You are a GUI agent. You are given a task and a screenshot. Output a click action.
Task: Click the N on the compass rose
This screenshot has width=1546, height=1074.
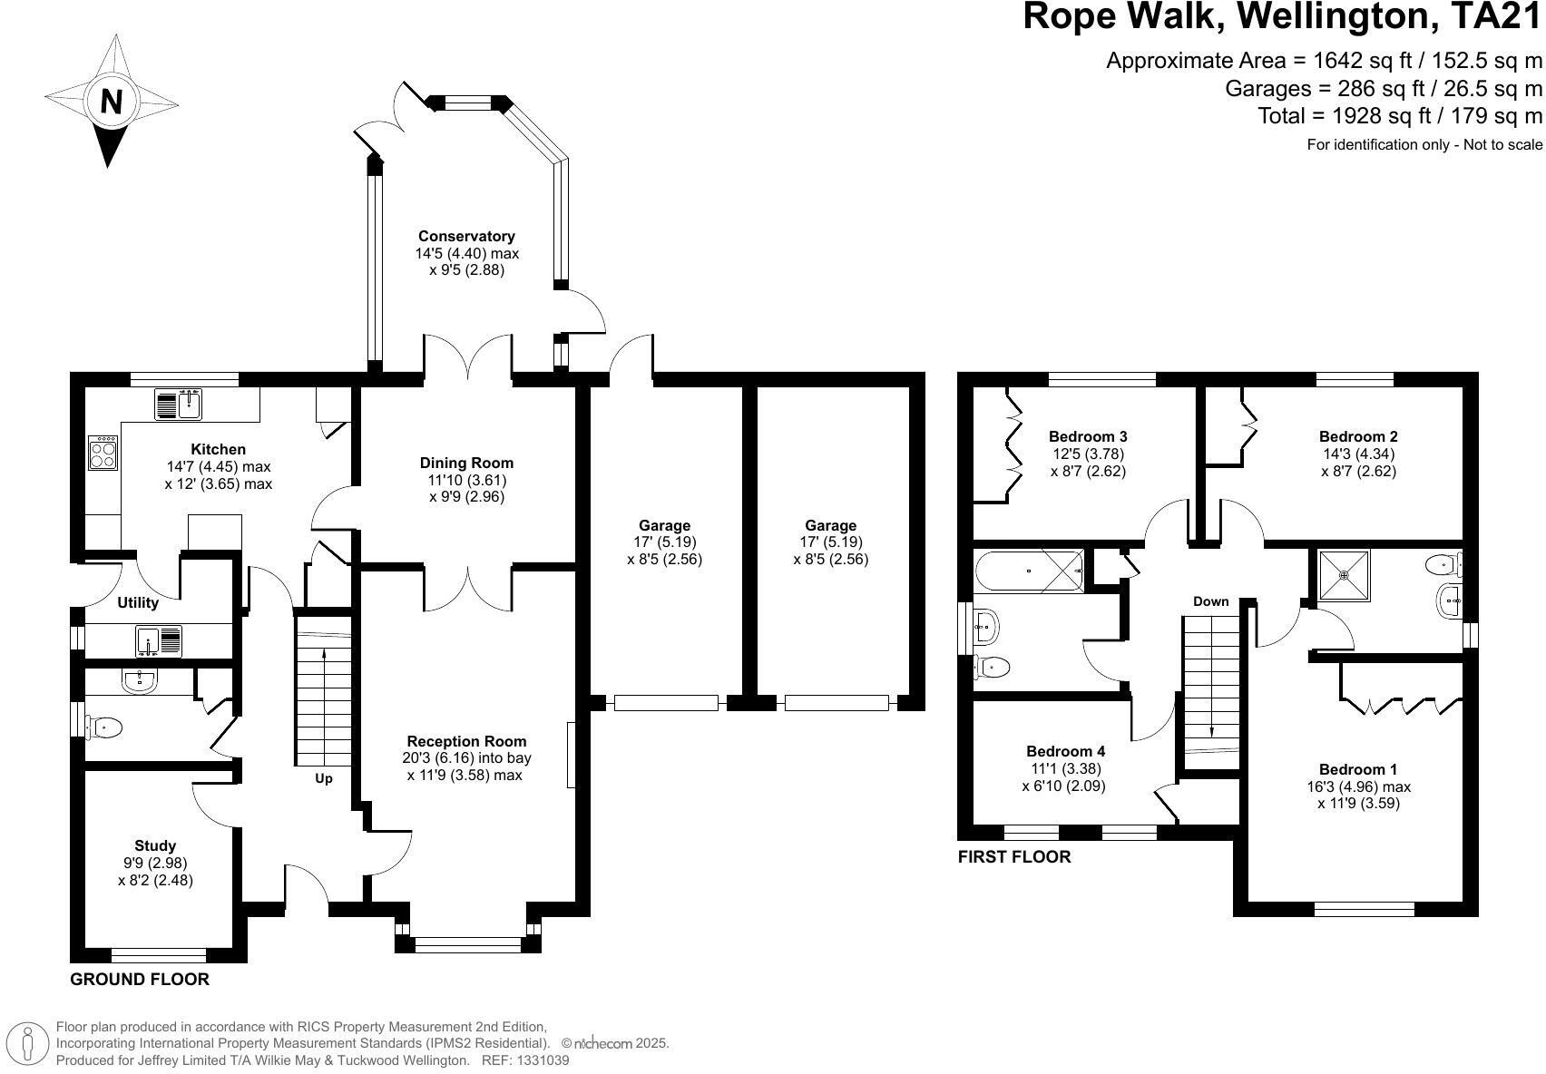(x=112, y=100)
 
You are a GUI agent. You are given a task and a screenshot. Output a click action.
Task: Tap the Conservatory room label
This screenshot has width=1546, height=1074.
(x=466, y=237)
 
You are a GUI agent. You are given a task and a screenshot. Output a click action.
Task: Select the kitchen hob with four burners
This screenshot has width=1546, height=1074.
(x=103, y=453)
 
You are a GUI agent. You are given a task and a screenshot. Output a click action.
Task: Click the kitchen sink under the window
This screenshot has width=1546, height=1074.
(x=178, y=404)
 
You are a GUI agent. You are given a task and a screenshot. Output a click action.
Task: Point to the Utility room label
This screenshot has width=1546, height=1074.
(x=138, y=603)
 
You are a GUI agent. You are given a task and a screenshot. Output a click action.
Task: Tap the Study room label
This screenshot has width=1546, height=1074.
(x=155, y=845)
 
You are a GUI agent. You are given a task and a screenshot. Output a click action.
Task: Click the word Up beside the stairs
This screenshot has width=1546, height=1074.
(x=324, y=778)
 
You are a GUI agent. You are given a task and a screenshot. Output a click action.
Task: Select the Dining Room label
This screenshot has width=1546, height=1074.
(x=466, y=463)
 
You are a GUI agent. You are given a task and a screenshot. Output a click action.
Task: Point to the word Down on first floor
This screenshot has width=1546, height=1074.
(x=1210, y=601)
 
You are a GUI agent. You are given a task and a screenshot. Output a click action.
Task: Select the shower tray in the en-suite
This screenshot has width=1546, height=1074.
(x=1344, y=574)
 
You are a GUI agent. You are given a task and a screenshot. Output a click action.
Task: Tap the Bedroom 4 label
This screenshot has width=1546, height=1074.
(x=1065, y=751)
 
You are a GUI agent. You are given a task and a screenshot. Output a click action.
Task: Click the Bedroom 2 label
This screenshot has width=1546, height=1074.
(x=1357, y=436)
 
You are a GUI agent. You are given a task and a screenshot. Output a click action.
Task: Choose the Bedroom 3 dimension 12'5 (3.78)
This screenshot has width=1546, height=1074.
(x=1088, y=454)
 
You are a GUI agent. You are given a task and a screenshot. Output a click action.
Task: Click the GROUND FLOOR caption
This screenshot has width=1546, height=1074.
(x=140, y=980)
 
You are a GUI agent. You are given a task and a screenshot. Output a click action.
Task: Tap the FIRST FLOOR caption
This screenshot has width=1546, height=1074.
(x=1014, y=856)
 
